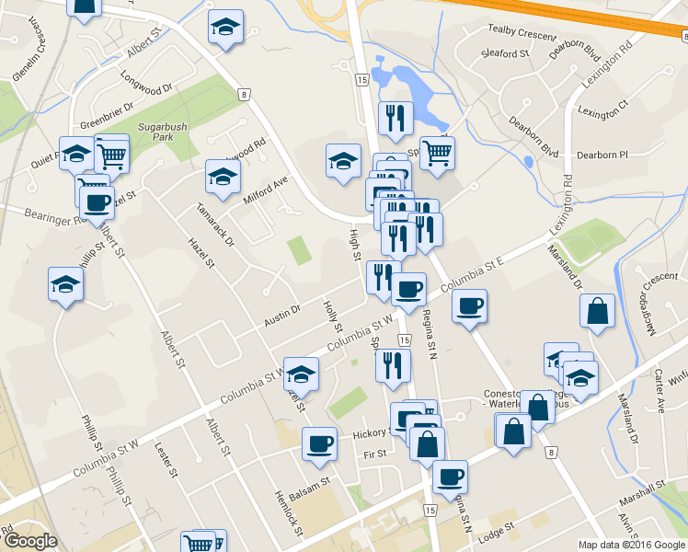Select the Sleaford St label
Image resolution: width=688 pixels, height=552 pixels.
click(x=506, y=54)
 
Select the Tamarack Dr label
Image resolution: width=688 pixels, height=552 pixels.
click(x=215, y=224)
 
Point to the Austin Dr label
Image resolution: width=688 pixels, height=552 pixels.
click(x=282, y=313)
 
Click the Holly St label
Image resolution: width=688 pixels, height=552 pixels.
click(x=332, y=316)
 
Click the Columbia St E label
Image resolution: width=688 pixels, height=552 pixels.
click(x=478, y=275)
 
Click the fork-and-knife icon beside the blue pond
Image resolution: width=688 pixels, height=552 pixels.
click(x=396, y=117)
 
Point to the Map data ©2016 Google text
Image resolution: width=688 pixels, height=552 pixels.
click(x=631, y=545)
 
